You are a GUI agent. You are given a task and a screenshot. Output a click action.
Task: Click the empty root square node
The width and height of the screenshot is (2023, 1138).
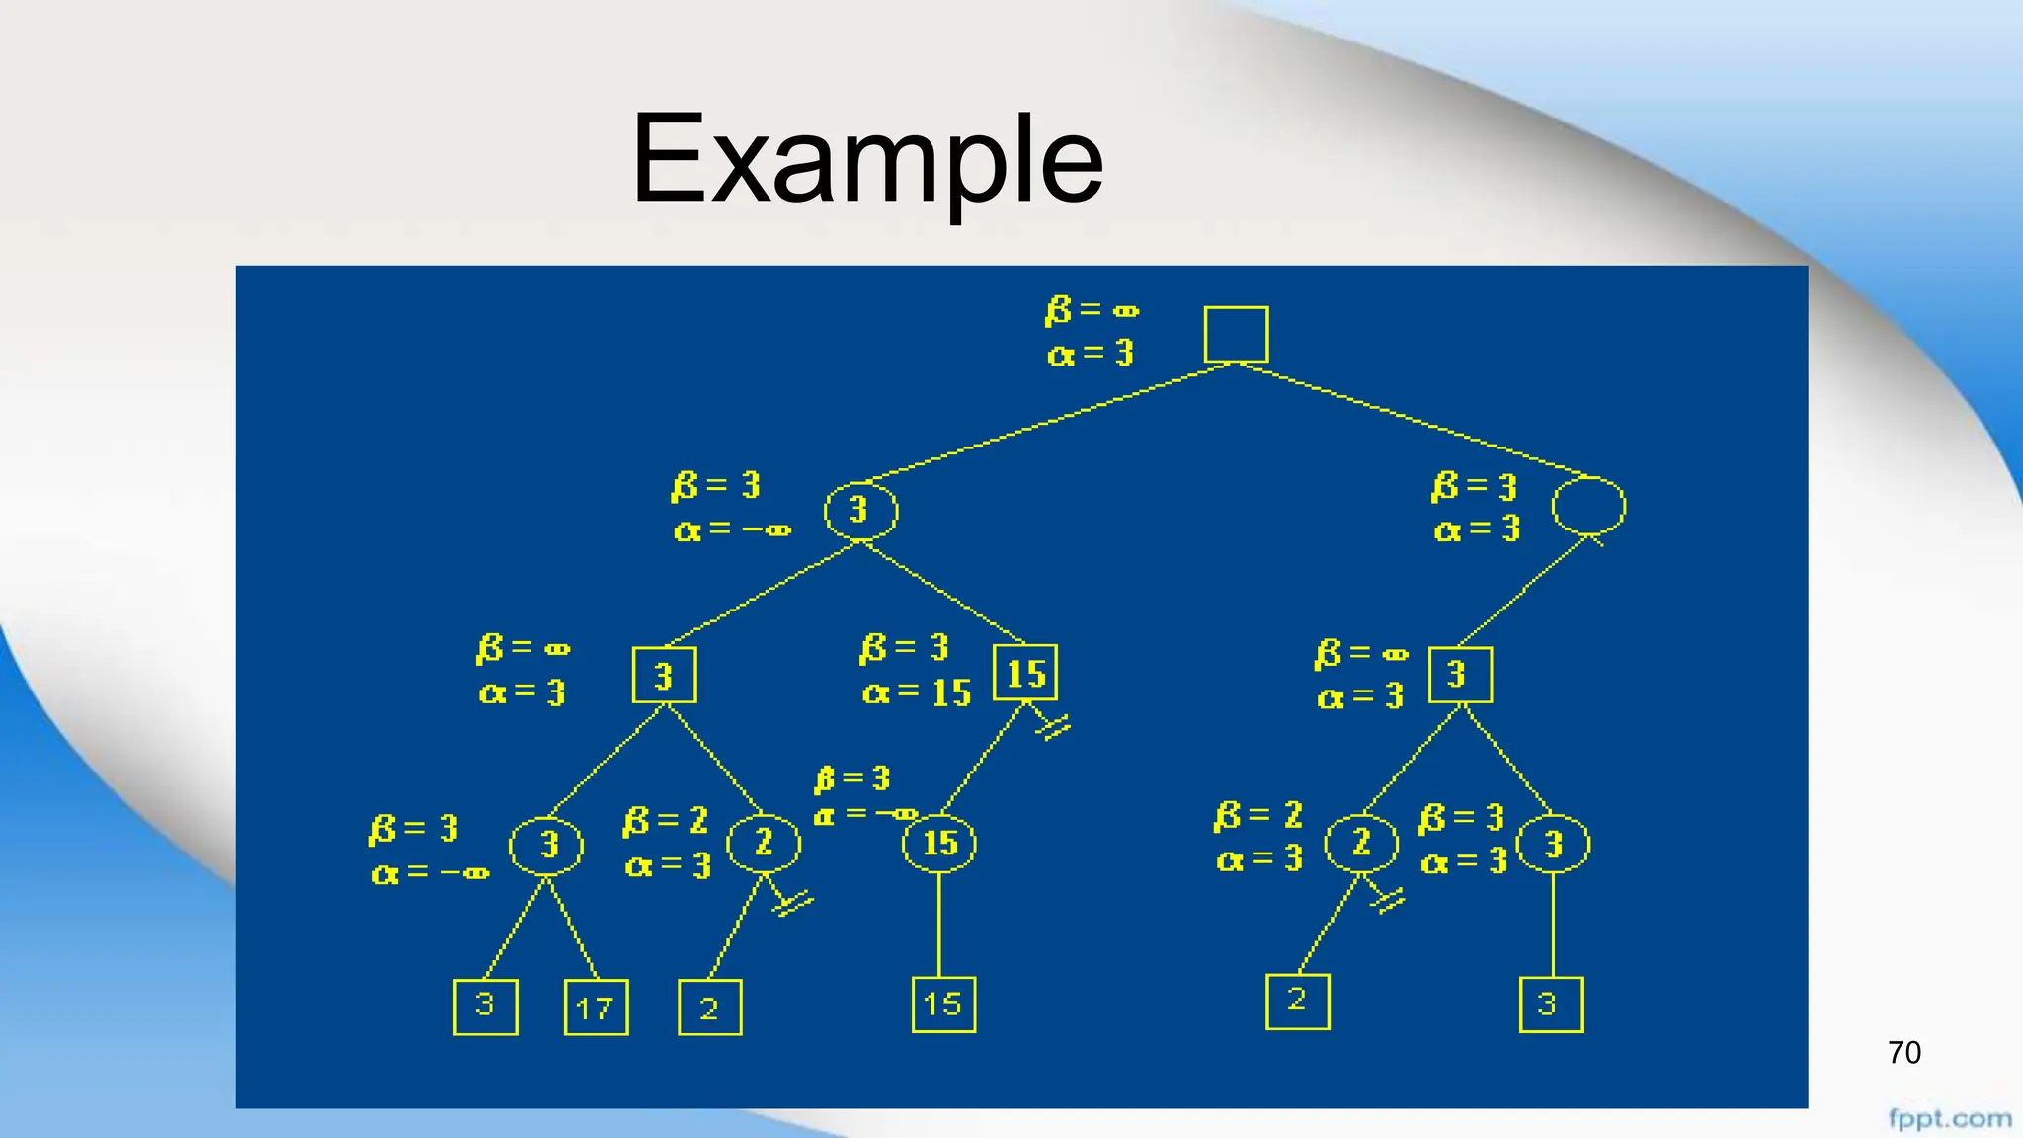(x=1236, y=334)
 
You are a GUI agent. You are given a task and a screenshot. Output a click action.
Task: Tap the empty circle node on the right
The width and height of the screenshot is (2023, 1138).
(x=1587, y=507)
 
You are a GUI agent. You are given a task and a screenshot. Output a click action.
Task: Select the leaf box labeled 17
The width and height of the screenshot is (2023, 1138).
(x=596, y=1007)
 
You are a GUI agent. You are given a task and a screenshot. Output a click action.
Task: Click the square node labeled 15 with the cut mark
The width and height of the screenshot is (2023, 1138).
(x=1025, y=673)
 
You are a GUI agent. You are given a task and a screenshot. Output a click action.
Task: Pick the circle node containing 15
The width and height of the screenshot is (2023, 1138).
(x=938, y=843)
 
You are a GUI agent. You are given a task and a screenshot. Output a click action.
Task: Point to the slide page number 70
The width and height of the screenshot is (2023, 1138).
(x=1903, y=1053)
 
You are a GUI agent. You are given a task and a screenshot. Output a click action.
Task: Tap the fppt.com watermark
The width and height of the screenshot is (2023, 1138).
(x=1949, y=1119)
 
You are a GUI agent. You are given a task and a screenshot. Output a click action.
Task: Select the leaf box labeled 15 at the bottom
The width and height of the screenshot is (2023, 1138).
(x=943, y=1005)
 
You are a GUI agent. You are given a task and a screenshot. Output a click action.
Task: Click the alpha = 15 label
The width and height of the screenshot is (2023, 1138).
(x=917, y=693)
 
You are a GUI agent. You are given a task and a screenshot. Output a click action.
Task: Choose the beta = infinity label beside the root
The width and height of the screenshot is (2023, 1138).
(x=1092, y=310)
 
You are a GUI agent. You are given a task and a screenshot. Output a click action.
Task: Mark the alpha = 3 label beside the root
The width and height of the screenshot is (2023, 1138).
(x=1091, y=353)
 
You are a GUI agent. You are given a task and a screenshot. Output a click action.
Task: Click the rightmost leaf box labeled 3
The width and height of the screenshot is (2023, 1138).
(x=1551, y=1005)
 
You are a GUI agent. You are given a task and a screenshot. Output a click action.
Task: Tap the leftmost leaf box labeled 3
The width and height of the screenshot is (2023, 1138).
(x=485, y=1007)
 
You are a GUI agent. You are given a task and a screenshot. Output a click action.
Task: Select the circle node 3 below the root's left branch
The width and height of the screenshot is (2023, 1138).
(x=860, y=511)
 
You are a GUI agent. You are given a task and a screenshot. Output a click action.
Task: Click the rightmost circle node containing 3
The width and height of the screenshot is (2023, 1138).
(x=1553, y=845)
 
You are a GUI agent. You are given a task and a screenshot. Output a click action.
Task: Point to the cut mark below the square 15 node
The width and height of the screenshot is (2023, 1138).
(x=1053, y=728)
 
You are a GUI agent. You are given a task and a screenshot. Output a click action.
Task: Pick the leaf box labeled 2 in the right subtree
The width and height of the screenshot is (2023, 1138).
(x=1297, y=1002)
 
